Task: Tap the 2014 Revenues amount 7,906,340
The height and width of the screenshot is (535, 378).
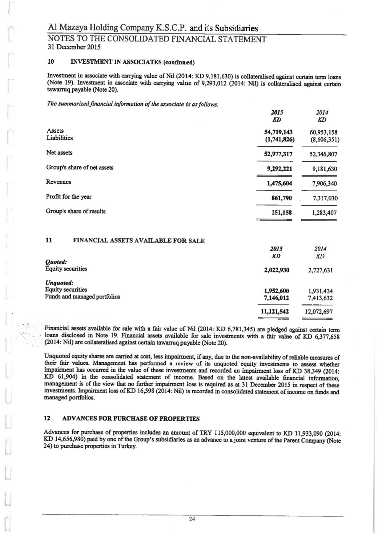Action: (x=319, y=184)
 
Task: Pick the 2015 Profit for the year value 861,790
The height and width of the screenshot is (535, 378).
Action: (x=282, y=198)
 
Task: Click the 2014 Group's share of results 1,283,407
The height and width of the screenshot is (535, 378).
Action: (x=319, y=213)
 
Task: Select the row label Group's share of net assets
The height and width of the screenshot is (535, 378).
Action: (x=80, y=168)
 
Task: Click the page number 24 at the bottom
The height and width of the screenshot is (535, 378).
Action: (x=192, y=519)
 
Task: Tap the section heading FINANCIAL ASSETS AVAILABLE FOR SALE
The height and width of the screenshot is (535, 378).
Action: (x=139, y=241)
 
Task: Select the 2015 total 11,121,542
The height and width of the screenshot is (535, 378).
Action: (x=275, y=312)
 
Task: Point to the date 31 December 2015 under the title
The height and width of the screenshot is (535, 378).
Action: (x=74, y=47)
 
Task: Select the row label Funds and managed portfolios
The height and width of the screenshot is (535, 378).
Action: (x=83, y=297)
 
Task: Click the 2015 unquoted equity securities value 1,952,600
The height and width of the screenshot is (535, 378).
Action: (x=277, y=291)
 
